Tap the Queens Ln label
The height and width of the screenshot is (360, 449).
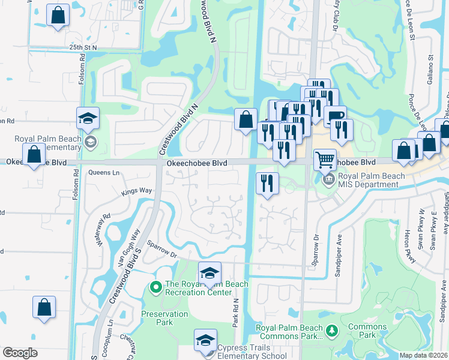pyautogui.click(x=104, y=173)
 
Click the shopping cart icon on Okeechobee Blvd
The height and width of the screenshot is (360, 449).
pyautogui.click(x=325, y=160)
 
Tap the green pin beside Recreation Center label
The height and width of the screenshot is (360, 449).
pyautogui.click(x=156, y=288)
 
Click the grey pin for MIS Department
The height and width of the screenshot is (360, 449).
pyautogui.click(x=328, y=179)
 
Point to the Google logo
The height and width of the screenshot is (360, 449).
pyautogui.click(x=20, y=353)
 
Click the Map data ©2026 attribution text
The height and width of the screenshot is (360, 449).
pyautogui.click(x=423, y=355)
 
